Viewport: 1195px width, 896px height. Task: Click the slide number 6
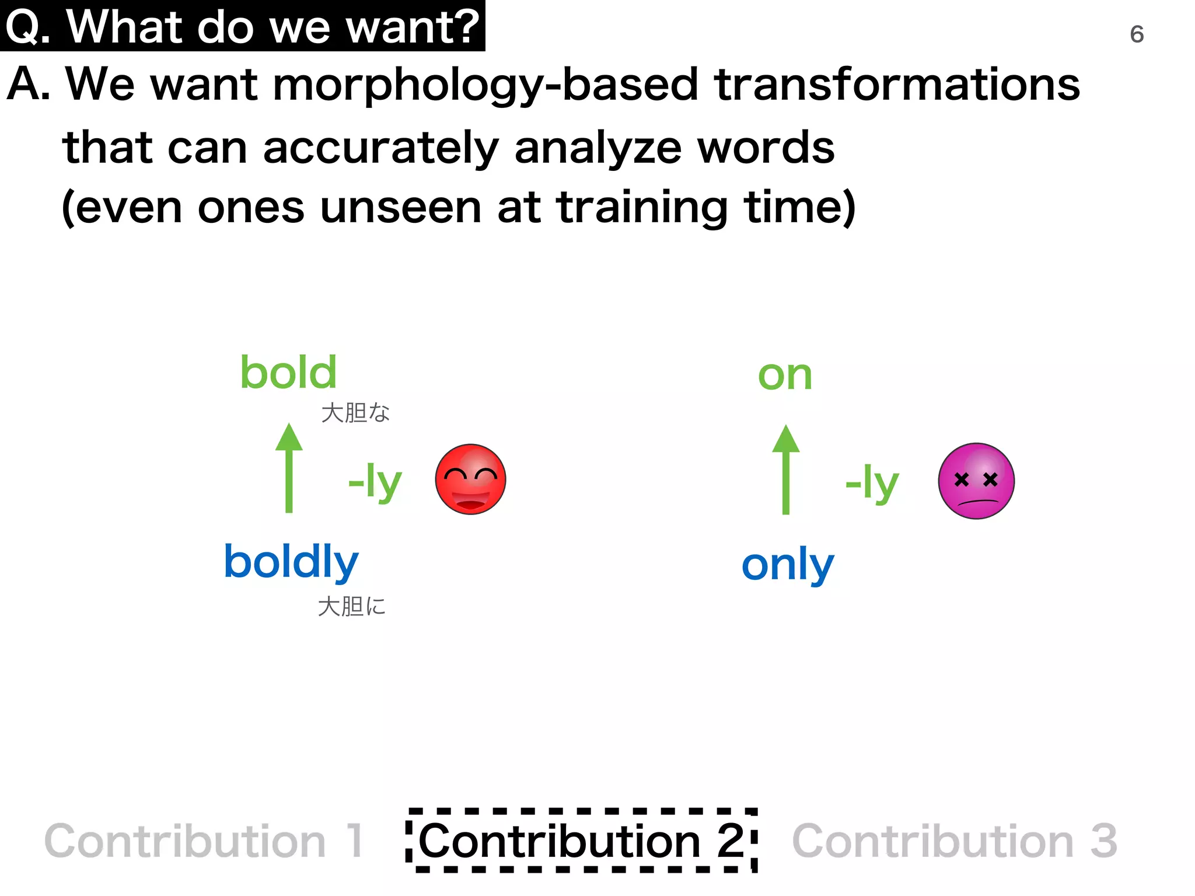[x=1136, y=34]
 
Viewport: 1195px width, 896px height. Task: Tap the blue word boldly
[x=291, y=562]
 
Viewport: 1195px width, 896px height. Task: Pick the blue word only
[x=788, y=565]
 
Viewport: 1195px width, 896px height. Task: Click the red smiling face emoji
[x=470, y=480]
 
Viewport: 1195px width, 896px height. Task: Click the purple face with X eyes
[x=976, y=481]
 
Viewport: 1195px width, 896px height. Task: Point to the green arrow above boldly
[x=289, y=468]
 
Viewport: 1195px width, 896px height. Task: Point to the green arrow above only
[x=785, y=470]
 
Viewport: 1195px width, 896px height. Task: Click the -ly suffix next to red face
[x=375, y=482]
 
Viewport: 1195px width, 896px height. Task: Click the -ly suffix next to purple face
[x=872, y=483]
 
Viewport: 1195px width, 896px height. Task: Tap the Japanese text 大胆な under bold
[x=355, y=413]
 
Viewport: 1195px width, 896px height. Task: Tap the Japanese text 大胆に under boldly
[x=351, y=607]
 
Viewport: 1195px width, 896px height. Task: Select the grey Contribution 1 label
[x=204, y=841]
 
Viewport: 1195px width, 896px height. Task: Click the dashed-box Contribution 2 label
[x=581, y=841]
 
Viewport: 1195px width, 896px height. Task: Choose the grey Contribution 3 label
[x=955, y=841]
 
